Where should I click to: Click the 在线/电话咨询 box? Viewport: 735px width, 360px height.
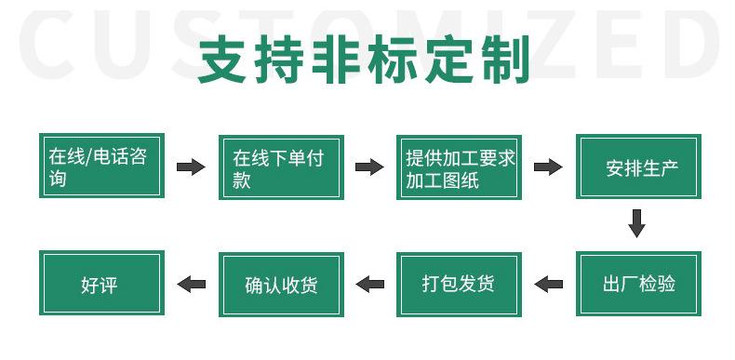pos(101,166)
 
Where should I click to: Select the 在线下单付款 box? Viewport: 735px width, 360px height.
pos(281,167)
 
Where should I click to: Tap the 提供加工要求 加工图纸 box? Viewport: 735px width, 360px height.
pos(459,167)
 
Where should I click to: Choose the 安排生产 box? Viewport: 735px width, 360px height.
pos(638,167)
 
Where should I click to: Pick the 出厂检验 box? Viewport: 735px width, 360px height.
pos(638,284)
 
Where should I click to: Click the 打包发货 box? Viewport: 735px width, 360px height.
pos(459,285)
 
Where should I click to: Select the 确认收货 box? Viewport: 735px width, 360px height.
pos(281,285)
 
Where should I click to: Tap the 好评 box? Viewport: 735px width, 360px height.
pos(101,283)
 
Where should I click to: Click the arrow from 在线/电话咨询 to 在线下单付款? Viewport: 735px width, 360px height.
pos(191,167)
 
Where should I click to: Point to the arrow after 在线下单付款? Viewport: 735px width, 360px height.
pos(369,167)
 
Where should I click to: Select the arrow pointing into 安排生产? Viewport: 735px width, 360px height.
pos(548,167)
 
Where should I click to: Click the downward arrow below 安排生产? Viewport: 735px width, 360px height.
pos(636,223)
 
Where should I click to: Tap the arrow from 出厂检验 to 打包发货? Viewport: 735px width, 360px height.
pos(548,284)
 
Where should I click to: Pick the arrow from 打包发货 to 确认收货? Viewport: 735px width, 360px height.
pos(370,284)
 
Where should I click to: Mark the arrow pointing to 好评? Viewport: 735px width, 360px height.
pos(192,284)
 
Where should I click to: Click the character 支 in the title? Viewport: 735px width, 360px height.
pos(222,60)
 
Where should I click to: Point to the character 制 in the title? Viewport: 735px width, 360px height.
pos(506,60)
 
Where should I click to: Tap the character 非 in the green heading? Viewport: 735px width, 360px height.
pos(336,60)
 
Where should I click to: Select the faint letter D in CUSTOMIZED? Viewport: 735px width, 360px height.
pos(691,45)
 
